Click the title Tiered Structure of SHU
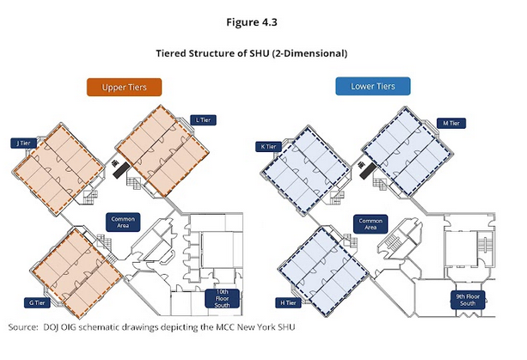(x=263, y=52)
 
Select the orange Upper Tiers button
(x=125, y=87)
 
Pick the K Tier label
(x=270, y=147)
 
